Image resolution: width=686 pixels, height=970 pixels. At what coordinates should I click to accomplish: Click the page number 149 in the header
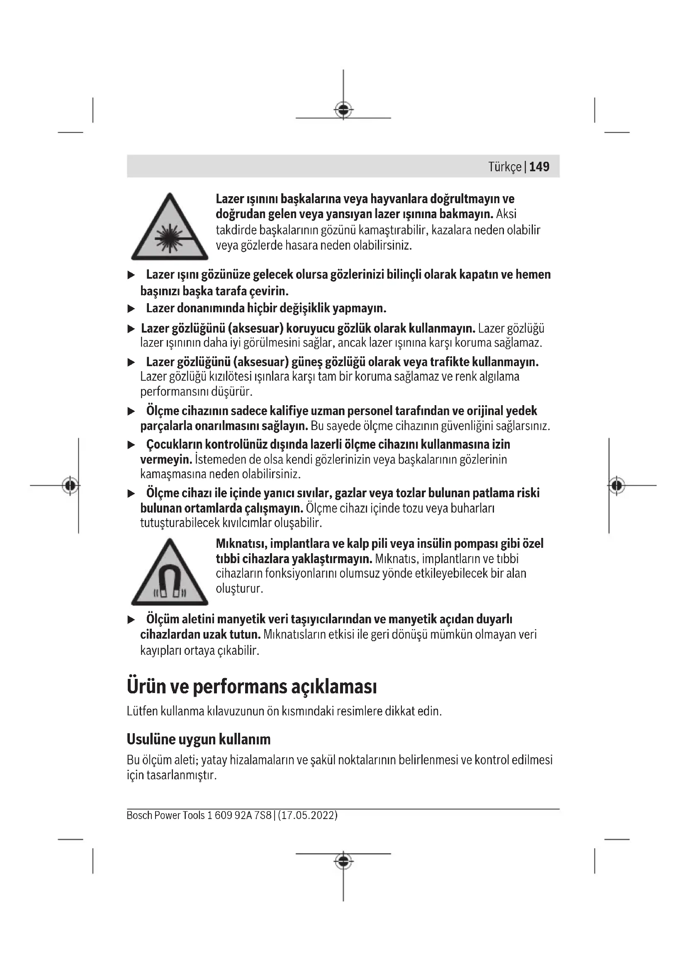(539, 167)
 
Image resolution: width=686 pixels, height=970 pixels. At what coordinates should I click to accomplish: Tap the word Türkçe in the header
(505, 167)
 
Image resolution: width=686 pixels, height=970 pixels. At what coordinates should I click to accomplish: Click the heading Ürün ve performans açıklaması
(252, 686)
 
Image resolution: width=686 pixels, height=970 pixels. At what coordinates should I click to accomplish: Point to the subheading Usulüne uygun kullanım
(199, 739)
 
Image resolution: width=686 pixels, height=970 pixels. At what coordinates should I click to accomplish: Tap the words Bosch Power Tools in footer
(165, 815)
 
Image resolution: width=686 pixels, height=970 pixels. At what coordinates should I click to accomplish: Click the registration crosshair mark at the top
(343, 110)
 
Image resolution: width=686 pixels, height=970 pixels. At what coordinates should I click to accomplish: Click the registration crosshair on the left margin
(70, 486)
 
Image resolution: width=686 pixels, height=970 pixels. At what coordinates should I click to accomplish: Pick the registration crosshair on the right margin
(617, 486)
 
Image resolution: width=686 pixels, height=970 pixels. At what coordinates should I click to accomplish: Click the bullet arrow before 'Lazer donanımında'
(131, 309)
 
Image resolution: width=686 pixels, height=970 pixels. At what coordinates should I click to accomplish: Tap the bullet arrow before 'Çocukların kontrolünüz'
(131, 445)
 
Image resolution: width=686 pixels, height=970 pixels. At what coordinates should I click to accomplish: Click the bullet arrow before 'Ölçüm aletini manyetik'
(131, 620)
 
